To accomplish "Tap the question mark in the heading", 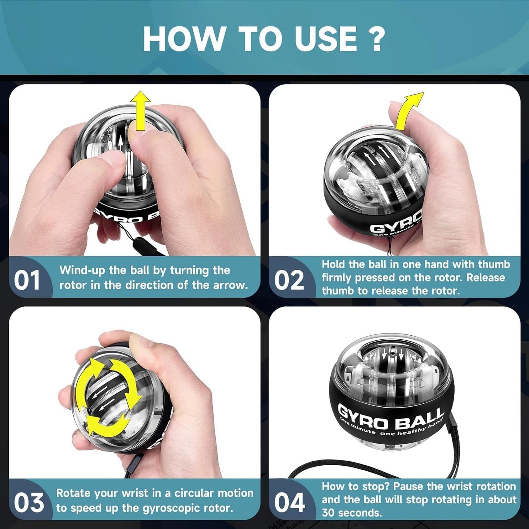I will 376,39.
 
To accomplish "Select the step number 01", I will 27,280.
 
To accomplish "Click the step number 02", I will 289,280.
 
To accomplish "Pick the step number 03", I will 29,503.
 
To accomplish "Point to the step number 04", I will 290,503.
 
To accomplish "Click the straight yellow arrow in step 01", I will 140,110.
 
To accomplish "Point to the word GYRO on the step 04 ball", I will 362,417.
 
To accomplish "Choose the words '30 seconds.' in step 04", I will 351,513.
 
